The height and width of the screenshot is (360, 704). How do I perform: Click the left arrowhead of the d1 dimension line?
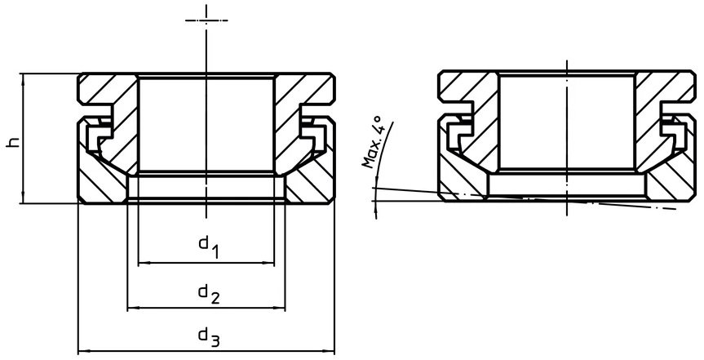click(143, 263)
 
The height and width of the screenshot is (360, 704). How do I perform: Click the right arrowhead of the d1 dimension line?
click(269, 263)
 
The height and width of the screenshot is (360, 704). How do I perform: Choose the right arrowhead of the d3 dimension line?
click(332, 352)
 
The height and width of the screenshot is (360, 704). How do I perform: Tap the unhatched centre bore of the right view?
click(566, 122)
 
